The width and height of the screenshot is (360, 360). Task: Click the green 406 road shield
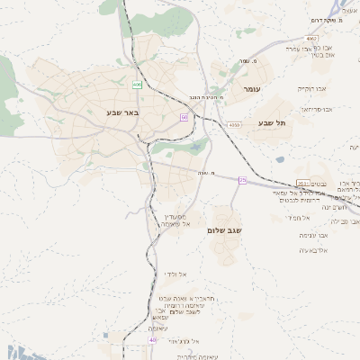(x=138, y=85)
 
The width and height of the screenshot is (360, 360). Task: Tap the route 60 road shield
(x=184, y=117)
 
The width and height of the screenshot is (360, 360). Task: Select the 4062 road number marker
(x=311, y=39)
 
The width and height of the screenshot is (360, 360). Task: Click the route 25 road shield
(x=242, y=180)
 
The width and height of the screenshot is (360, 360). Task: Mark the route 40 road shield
(x=152, y=340)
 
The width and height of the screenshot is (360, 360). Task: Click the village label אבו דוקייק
(x=313, y=90)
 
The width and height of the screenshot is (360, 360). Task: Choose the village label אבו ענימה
(x=311, y=235)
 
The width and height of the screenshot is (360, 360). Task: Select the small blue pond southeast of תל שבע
(x=280, y=160)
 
